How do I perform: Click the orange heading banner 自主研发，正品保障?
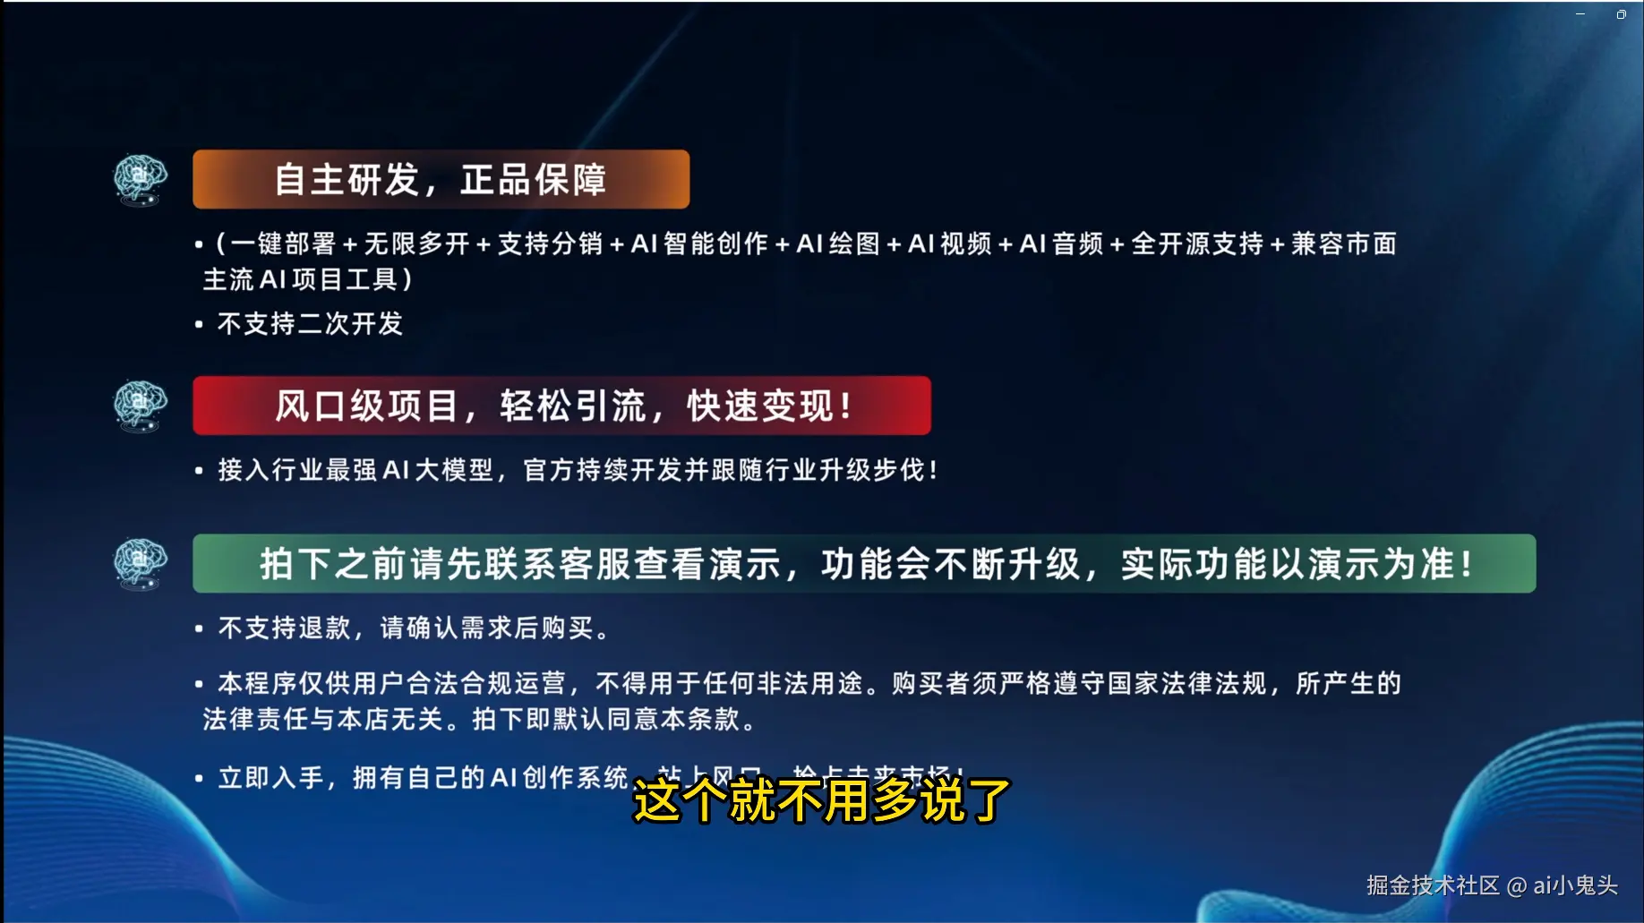pyautogui.click(x=441, y=179)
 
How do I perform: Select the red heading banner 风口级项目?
pyautogui.click(x=561, y=406)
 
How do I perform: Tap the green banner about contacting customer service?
pyautogui.click(x=864, y=564)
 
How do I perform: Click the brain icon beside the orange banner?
pyautogui.click(x=141, y=178)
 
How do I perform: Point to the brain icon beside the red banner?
pyautogui.click(x=141, y=405)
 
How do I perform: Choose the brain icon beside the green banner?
pyautogui.click(x=141, y=563)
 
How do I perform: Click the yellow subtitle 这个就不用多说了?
pyautogui.click(x=822, y=799)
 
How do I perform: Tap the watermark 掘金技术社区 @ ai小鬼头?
pyautogui.click(x=1492, y=885)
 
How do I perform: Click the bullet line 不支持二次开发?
pyautogui.click(x=310, y=323)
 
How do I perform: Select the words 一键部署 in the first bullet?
pyautogui.click(x=283, y=244)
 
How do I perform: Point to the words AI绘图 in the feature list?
pyautogui.click(x=838, y=244)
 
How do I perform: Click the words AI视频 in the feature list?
pyautogui.click(x=950, y=244)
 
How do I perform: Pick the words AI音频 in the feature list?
pyautogui.click(x=1062, y=244)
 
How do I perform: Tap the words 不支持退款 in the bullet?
pyautogui.click(x=284, y=628)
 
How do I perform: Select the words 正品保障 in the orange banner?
pyautogui.click(x=534, y=179)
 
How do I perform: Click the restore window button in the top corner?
pyautogui.click(x=1621, y=14)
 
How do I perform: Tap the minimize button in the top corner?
pyautogui.click(x=1580, y=14)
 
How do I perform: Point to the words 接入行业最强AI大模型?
pyautogui.click(x=355, y=469)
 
